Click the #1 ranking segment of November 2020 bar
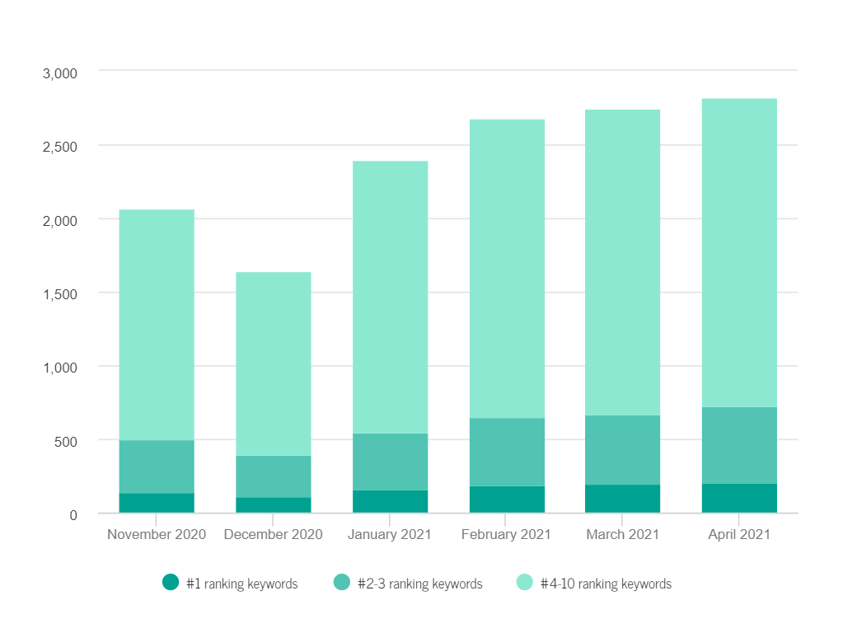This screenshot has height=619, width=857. [157, 503]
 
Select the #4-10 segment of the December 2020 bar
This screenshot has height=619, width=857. [274, 363]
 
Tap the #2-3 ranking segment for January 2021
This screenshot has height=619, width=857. [390, 462]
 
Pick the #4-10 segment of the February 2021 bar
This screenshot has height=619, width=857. [507, 269]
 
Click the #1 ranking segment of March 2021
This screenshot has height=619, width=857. [623, 499]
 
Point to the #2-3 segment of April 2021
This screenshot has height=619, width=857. [740, 445]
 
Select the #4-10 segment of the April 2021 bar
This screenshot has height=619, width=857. [740, 252]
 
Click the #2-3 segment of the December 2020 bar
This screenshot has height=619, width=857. [274, 476]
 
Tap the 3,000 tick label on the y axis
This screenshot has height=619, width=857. [59, 73]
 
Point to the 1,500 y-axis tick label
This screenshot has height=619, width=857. [59, 294]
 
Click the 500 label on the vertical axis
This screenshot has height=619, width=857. [65, 441]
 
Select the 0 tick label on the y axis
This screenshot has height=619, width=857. [73, 515]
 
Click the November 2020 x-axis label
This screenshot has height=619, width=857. [157, 535]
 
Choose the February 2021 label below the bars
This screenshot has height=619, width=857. [506, 535]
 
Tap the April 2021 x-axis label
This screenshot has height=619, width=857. [739, 535]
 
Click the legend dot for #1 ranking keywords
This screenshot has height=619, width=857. [171, 583]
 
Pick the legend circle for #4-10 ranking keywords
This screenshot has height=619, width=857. [525, 583]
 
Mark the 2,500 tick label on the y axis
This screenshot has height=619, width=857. [59, 147]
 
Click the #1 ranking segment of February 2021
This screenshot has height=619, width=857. [507, 499]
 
